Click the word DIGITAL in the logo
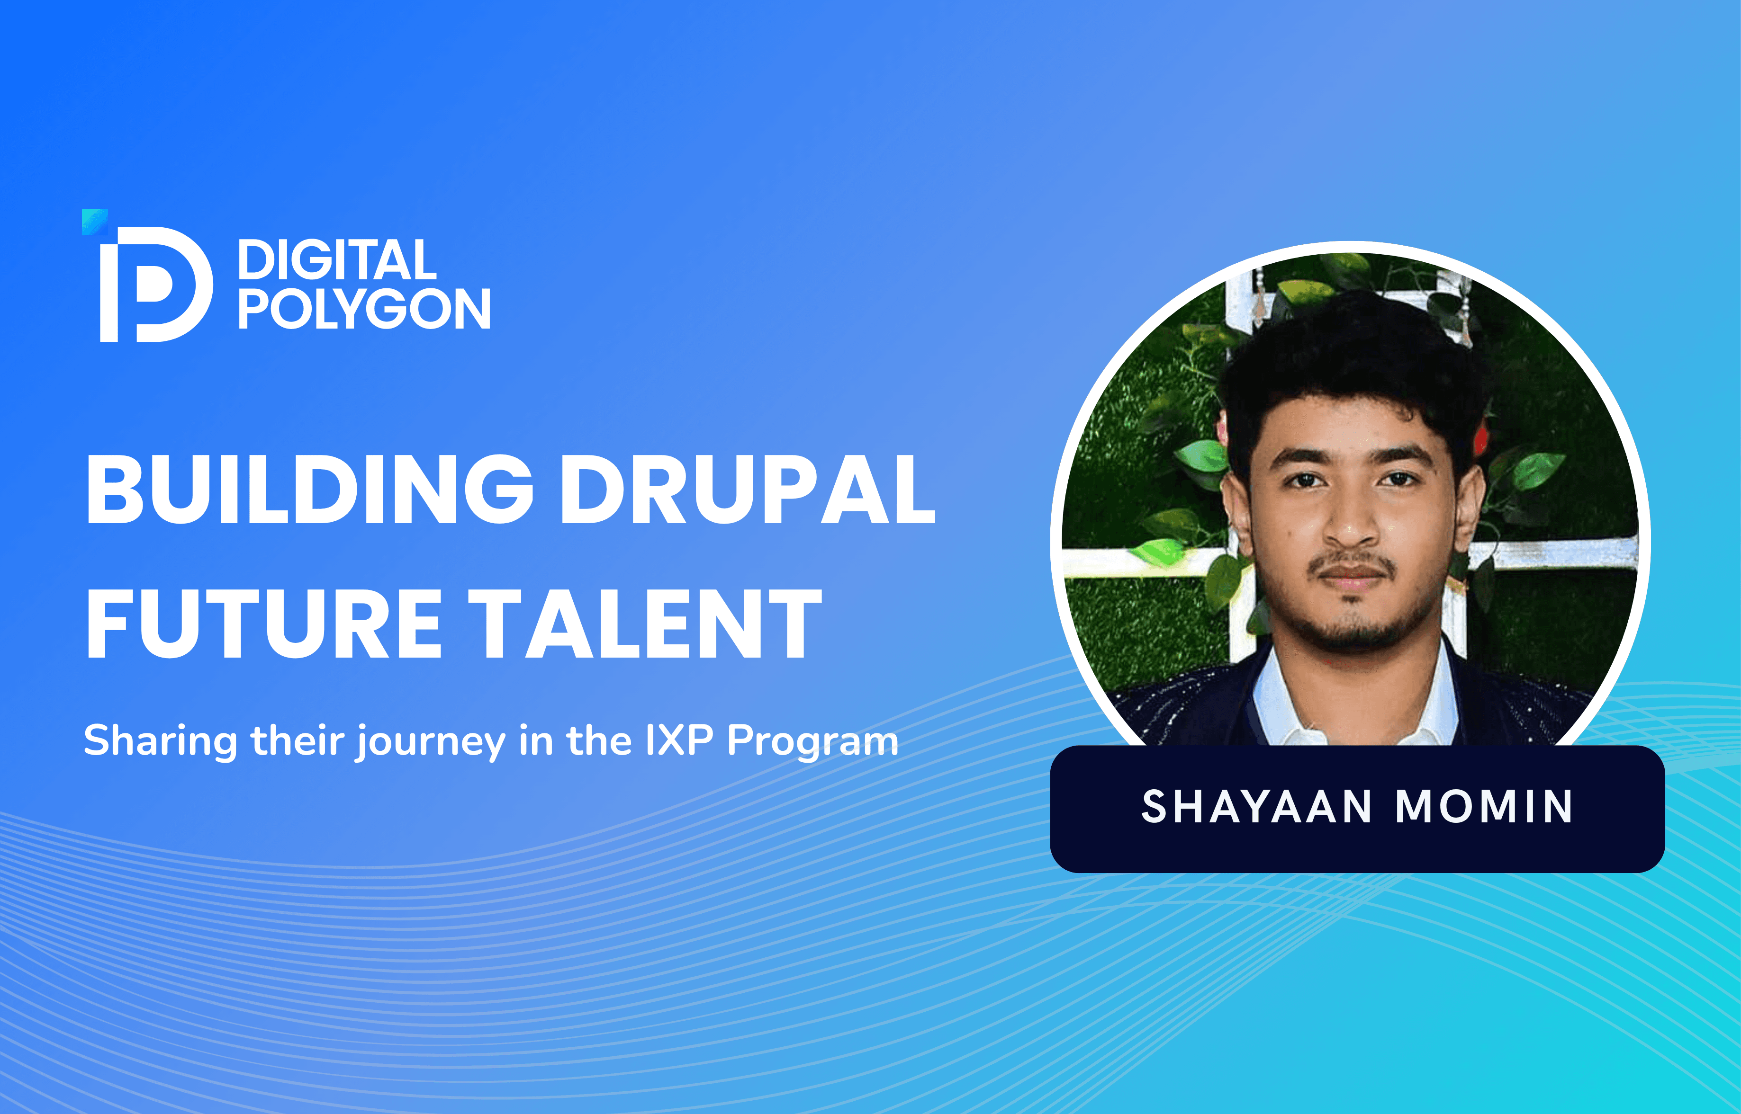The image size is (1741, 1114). point(337,260)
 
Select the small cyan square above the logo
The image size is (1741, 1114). point(95,222)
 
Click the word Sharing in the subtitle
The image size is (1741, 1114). point(160,741)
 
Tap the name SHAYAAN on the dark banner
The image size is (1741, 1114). point(1256,807)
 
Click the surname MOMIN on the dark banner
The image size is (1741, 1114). point(1483,807)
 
